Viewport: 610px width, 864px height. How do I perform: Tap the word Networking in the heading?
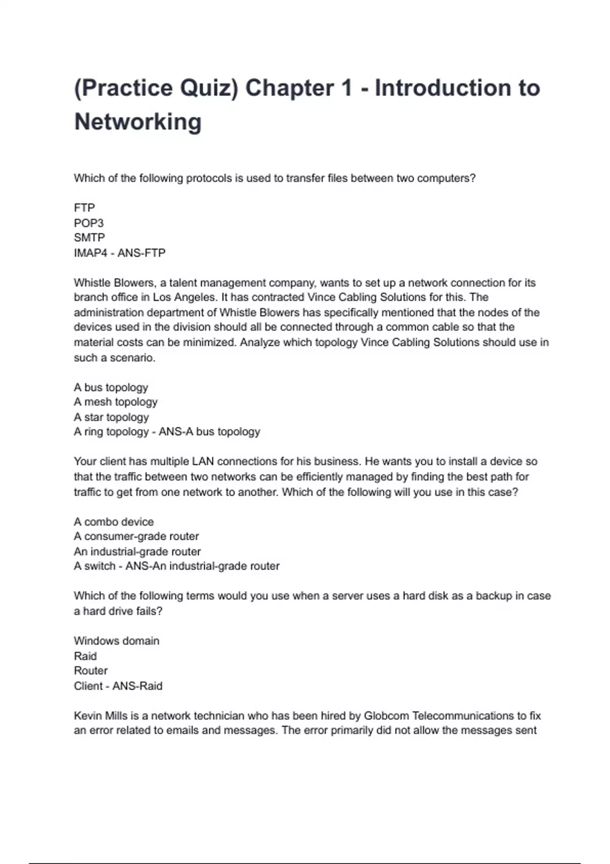(x=138, y=122)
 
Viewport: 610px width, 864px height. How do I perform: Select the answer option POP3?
(x=88, y=223)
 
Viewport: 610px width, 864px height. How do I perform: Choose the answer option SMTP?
(x=89, y=238)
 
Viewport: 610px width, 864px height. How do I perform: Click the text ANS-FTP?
(x=141, y=253)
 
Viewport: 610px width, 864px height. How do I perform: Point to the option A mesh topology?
(x=115, y=402)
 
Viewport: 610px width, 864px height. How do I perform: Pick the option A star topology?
(x=111, y=417)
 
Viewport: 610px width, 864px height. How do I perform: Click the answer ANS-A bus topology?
(x=209, y=432)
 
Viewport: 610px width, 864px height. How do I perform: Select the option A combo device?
(x=113, y=522)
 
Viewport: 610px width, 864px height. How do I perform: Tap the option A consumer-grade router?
(x=136, y=537)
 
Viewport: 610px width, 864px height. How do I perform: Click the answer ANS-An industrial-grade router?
(x=202, y=566)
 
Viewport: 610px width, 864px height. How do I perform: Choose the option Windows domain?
(x=116, y=641)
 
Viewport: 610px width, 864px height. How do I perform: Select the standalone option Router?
(x=90, y=671)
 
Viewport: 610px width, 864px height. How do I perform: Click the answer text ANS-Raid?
(x=137, y=686)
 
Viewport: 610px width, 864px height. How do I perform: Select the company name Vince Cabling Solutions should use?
(x=420, y=343)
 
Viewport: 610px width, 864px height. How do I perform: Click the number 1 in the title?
(x=347, y=88)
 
